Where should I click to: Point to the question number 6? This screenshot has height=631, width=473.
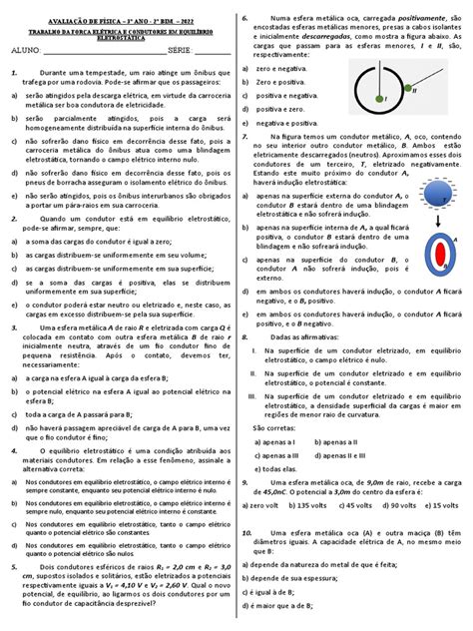245,19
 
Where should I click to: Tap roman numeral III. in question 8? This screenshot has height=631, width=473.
251,396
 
